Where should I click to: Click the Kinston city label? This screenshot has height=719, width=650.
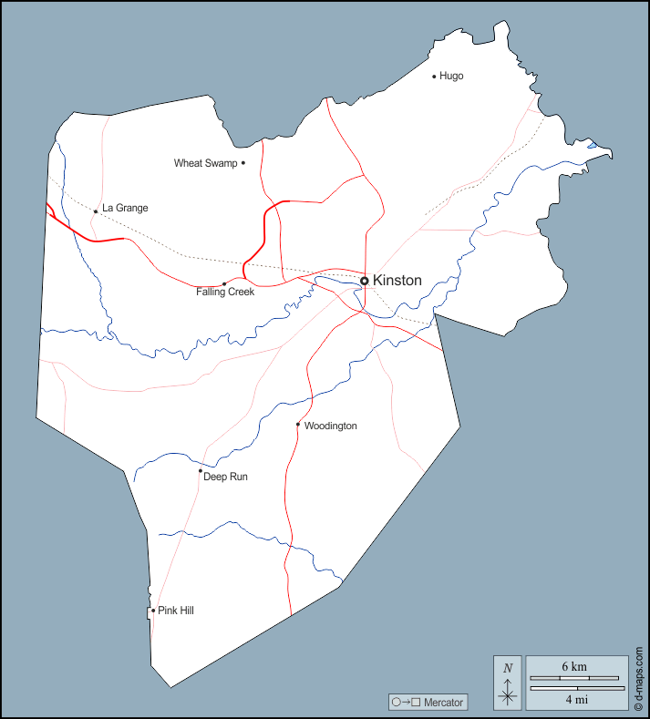pos(397,281)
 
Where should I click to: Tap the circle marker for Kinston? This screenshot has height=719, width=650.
pos(365,281)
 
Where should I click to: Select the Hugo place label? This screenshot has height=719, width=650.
pos(451,76)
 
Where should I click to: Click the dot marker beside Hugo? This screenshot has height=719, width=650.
pos(434,76)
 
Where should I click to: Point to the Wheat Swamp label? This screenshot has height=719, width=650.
pos(205,163)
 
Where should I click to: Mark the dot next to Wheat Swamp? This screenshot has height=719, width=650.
pos(243,163)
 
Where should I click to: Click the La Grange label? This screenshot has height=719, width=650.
pos(125,208)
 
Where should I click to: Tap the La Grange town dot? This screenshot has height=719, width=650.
pos(96,211)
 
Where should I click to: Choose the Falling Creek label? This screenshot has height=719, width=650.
pos(225,293)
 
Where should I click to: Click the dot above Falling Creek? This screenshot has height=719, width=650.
pos(224,283)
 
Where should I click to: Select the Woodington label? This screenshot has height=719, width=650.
pos(330,426)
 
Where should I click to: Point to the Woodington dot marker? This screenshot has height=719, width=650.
pos(298,424)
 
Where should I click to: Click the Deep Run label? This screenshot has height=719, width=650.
pos(225,477)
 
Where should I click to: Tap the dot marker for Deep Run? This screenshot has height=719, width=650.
pos(201,471)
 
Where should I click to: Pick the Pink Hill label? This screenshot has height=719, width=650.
pos(176,611)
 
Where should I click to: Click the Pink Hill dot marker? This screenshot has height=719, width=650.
pos(153,611)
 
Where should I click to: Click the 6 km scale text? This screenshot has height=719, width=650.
pos(574,667)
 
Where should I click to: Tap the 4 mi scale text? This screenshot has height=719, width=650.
pos(574,699)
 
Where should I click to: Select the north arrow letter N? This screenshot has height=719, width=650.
pos(508,668)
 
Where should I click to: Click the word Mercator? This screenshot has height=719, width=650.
pos(444,703)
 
